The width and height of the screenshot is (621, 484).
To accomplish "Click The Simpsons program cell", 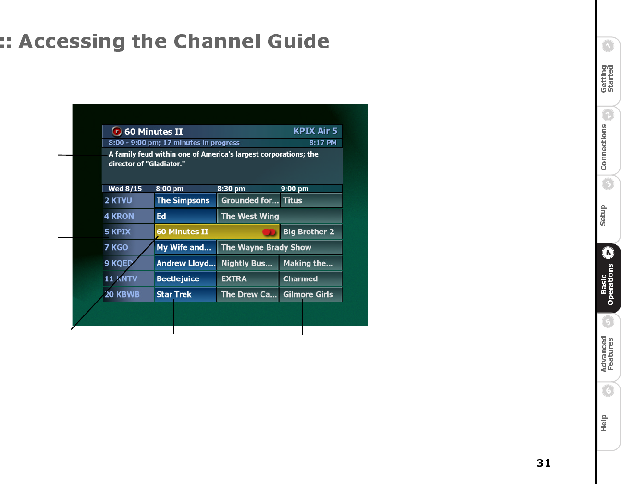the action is (186, 200).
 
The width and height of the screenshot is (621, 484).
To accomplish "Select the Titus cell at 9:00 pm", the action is (311, 200).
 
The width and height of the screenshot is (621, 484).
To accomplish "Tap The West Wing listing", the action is (280, 216).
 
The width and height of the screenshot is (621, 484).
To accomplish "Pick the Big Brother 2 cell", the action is (311, 232).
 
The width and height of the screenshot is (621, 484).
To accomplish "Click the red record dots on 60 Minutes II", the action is (269, 232).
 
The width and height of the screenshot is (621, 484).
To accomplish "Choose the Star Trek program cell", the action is (186, 294).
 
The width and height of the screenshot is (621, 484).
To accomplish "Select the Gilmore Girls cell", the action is (311, 294).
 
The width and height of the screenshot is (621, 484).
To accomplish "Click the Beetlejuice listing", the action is (186, 278).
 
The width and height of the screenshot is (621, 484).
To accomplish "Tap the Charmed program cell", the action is (311, 278).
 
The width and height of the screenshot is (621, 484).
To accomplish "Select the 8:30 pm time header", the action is (231, 189).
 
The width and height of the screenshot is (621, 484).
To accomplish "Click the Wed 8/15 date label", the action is (125, 189).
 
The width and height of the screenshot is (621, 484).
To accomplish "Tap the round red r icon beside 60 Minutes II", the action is (117, 131).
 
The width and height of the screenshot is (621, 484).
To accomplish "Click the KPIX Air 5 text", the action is (315, 131).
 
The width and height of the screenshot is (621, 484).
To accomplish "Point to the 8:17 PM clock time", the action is (323, 143).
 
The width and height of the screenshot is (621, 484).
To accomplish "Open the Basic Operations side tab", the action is (608, 278).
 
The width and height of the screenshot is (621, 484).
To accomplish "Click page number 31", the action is (543, 463).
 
